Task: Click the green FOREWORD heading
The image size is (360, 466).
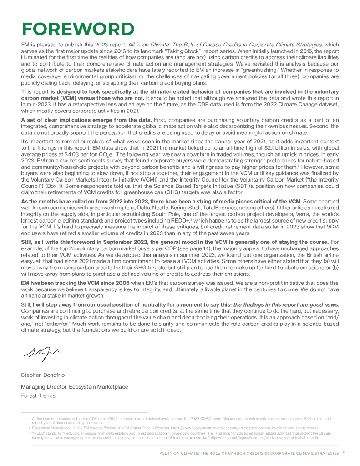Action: point(78,30)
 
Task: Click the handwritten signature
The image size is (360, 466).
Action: point(41,351)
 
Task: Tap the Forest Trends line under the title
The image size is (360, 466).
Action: point(38,395)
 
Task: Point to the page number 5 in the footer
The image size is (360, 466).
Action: point(344,453)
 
